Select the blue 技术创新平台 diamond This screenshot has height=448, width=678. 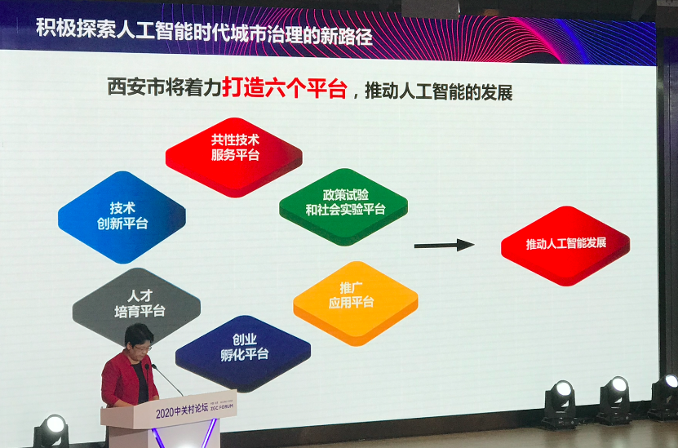coord(122,216)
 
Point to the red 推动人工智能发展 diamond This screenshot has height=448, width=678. coord(565,245)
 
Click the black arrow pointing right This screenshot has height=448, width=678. coord(444,245)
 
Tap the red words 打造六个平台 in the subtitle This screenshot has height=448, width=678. coord(285,88)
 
